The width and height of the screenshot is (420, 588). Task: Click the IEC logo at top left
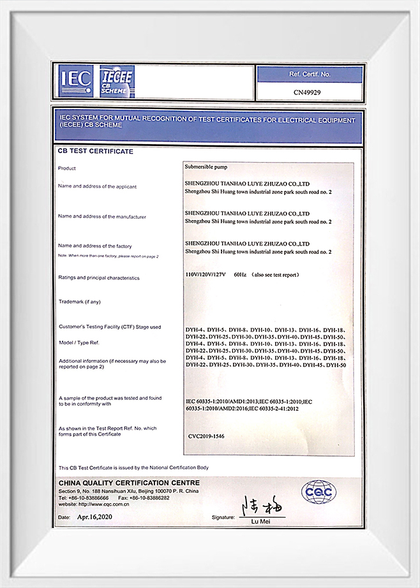coord(73,80)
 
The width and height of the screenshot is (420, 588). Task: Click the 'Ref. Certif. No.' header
coord(310,75)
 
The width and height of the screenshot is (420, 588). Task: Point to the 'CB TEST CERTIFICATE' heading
coord(96,152)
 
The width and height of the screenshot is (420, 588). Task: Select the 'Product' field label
coord(67,168)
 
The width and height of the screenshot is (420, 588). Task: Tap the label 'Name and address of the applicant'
coord(97,186)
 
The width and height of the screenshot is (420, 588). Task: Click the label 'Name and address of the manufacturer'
coord(102,216)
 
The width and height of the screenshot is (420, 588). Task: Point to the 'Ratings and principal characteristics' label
coord(98,278)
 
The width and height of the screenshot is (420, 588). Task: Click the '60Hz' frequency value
coord(241,274)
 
